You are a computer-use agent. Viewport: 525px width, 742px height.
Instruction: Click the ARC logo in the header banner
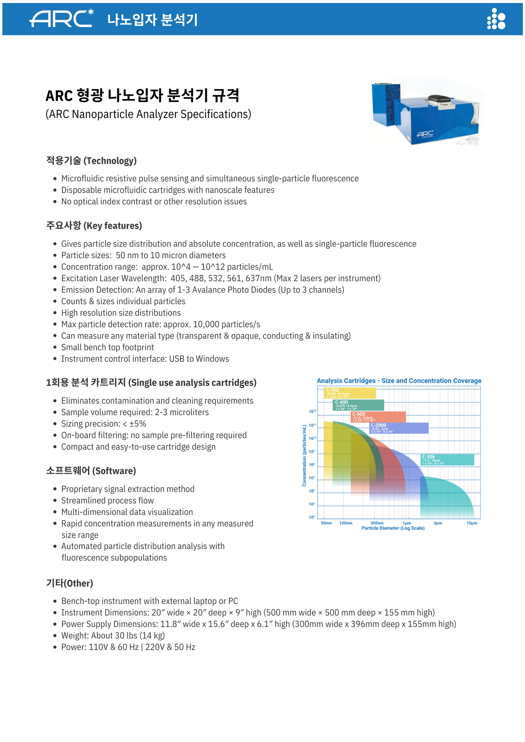pos(62,19)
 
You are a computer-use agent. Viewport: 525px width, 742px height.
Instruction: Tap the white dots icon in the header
pos(496,19)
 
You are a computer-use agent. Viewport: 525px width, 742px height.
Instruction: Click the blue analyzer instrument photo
pos(427,111)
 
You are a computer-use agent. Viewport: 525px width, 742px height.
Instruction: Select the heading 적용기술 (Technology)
pos(91,161)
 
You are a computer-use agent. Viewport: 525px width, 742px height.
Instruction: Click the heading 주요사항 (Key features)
pos(94,226)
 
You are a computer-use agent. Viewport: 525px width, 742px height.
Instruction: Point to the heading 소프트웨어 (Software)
pos(91,471)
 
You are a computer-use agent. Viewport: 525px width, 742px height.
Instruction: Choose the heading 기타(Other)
pos(69,583)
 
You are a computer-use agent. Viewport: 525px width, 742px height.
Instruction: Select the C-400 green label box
pos(358,405)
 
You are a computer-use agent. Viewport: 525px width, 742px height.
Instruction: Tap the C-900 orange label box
pos(378,417)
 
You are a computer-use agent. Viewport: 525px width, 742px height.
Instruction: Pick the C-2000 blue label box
pos(399,428)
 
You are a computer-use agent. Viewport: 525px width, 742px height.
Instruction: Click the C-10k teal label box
pos(447,460)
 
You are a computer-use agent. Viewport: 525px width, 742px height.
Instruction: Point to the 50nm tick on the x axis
pos(326,523)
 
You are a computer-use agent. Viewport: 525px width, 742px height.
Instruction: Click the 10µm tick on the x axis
pos(472,523)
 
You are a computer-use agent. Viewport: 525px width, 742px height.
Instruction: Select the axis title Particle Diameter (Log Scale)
pos(393,528)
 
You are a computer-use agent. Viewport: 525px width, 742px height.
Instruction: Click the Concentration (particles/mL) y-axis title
pos(304,455)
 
